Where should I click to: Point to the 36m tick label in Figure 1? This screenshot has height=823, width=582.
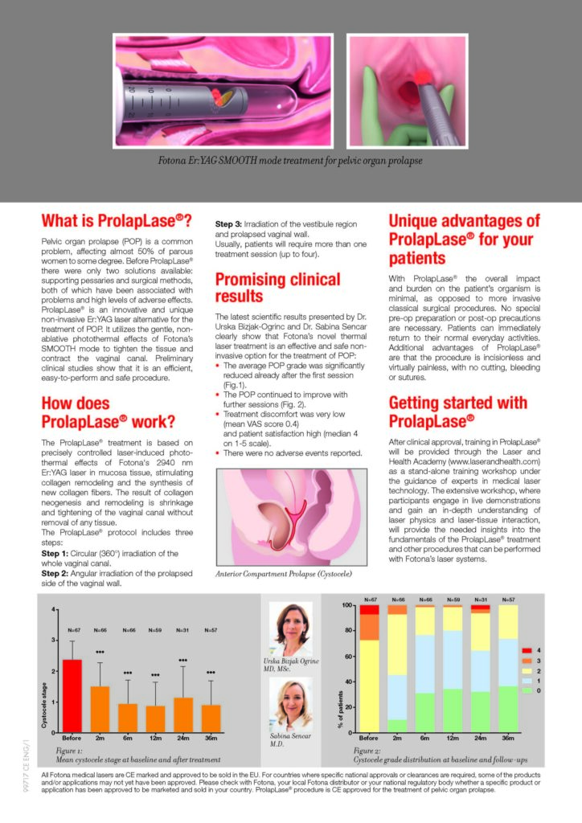point(211,739)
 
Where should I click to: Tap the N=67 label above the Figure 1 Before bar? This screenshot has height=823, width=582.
point(73,630)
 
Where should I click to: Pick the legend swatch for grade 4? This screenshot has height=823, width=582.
point(527,649)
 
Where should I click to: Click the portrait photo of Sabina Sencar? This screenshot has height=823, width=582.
point(291,703)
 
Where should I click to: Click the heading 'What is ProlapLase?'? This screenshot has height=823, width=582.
point(116,221)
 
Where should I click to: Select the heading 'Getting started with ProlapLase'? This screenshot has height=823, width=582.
point(457,411)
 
